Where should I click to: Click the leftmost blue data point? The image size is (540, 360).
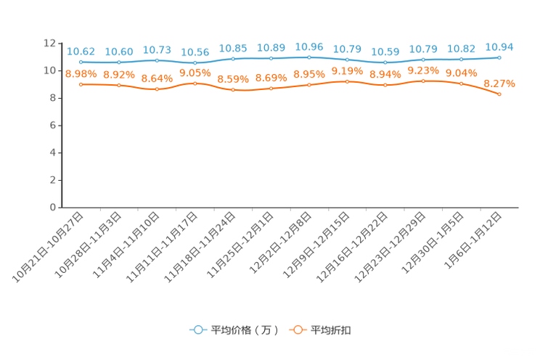(x=81, y=62)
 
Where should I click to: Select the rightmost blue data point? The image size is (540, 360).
(x=499, y=57)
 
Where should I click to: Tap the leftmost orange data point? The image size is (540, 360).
(x=81, y=84)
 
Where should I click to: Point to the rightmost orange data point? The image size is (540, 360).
(x=499, y=94)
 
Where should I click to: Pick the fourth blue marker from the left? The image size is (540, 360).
(x=195, y=63)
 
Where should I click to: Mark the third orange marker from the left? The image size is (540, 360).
(x=157, y=89)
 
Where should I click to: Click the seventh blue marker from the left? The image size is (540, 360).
(x=309, y=57)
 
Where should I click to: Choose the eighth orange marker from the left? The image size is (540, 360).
(x=347, y=81)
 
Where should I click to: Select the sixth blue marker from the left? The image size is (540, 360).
(x=271, y=58)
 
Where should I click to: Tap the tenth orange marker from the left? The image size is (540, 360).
(x=423, y=81)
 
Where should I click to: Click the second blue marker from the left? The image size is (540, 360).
(x=119, y=62)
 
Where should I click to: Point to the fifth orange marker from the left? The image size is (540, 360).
(x=233, y=89)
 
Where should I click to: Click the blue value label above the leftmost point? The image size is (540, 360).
(x=81, y=52)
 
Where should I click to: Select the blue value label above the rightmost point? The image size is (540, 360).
(x=499, y=46)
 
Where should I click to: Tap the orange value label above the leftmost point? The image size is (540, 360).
(x=81, y=73)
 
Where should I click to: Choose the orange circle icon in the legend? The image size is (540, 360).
(x=297, y=330)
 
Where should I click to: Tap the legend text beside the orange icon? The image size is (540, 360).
(x=332, y=330)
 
